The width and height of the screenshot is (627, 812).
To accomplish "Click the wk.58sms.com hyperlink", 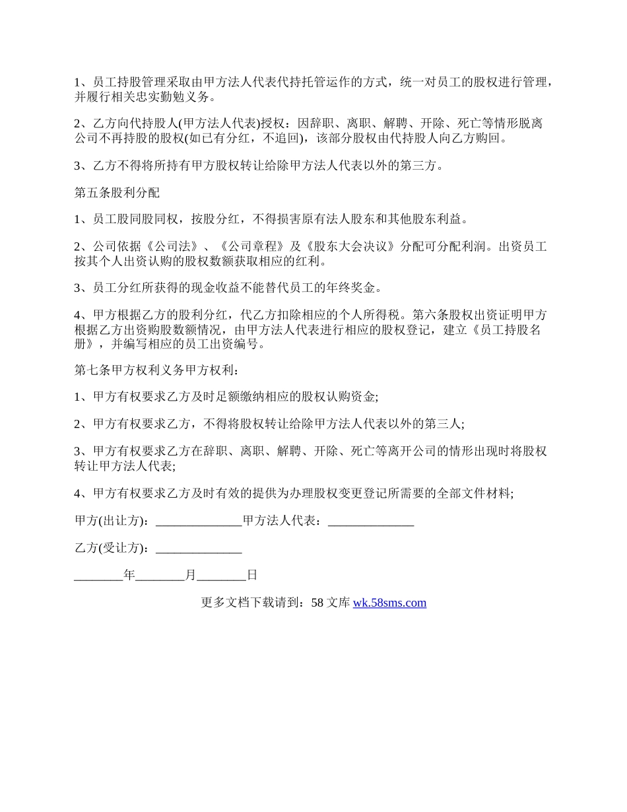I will click(x=389, y=603).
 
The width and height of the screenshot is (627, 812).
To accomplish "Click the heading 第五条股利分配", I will click(x=117, y=193).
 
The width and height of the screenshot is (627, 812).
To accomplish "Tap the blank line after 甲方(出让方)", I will click(x=199, y=521).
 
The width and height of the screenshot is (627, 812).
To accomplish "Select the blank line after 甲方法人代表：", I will click(x=371, y=521).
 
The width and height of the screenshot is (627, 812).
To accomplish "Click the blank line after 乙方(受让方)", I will click(x=199, y=548).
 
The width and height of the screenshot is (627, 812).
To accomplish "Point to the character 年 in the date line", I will click(x=129, y=575).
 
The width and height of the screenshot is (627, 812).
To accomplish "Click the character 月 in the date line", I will click(x=191, y=575).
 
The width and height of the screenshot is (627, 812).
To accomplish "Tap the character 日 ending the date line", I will click(x=251, y=575).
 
